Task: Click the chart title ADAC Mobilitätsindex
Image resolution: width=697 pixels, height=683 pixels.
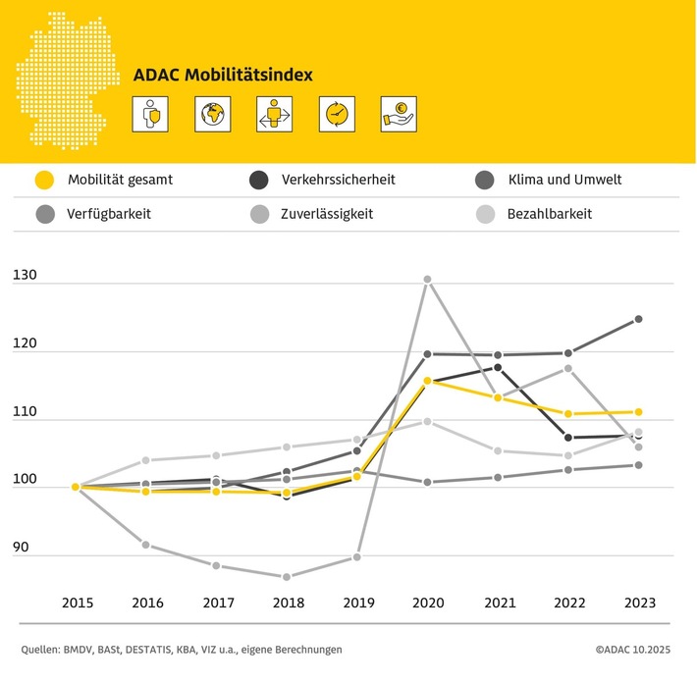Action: pyautogui.click(x=224, y=75)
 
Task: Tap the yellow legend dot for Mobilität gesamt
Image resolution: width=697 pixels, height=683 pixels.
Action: pyautogui.click(x=43, y=180)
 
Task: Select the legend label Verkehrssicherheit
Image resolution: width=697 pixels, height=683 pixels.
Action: pyautogui.click(x=338, y=180)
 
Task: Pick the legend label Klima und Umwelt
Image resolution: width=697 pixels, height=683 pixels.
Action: pyautogui.click(x=564, y=180)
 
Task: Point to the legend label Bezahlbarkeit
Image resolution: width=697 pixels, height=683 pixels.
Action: pyautogui.click(x=550, y=213)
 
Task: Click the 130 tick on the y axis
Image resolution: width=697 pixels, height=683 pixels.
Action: pyautogui.click(x=26, y=277)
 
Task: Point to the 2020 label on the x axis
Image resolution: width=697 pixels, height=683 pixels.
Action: pyautogui.click(x=427, y=602)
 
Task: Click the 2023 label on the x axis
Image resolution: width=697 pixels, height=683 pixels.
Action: pyautogui.click(x=638, y=602)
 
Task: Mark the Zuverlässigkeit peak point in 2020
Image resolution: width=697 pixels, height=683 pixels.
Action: pyautogui.click(x=427, y=280)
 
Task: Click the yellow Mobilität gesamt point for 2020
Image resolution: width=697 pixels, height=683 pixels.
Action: pyautogui.click(x=427, y=381)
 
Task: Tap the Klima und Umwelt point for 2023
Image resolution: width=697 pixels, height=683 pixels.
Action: pyautogui.click(x=638, y=319)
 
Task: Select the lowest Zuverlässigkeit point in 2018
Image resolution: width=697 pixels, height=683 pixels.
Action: pyautogui.click(x=287, y=577)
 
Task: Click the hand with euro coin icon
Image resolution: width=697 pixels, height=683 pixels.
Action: pyautogui.click(x=399, y=114)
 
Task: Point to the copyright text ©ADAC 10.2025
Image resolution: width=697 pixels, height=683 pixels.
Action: pyautogui.click(x=638, y=650)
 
